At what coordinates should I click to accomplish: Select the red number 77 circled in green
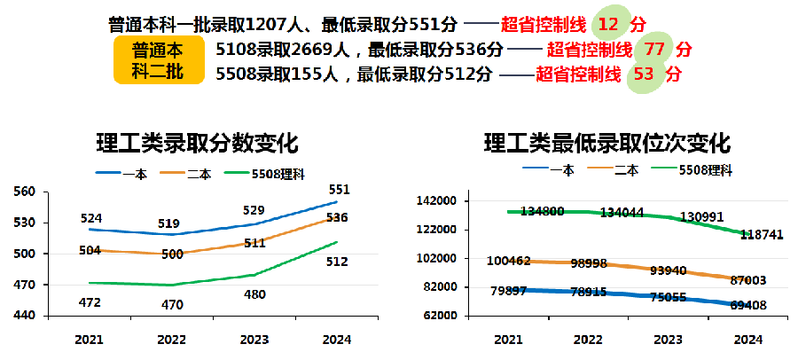654,49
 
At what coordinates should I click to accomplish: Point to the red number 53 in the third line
644,74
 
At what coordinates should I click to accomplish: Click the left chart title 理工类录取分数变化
198,144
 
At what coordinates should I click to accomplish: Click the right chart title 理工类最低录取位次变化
606,144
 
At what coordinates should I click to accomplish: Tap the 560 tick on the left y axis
25,192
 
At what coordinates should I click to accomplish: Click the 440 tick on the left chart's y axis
25,316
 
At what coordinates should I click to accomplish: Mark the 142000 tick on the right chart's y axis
435,201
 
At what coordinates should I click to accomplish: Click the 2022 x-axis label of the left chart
171,340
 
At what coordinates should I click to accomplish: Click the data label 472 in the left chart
90,302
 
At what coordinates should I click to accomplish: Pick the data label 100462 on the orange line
509,262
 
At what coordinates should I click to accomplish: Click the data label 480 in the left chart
254,294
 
